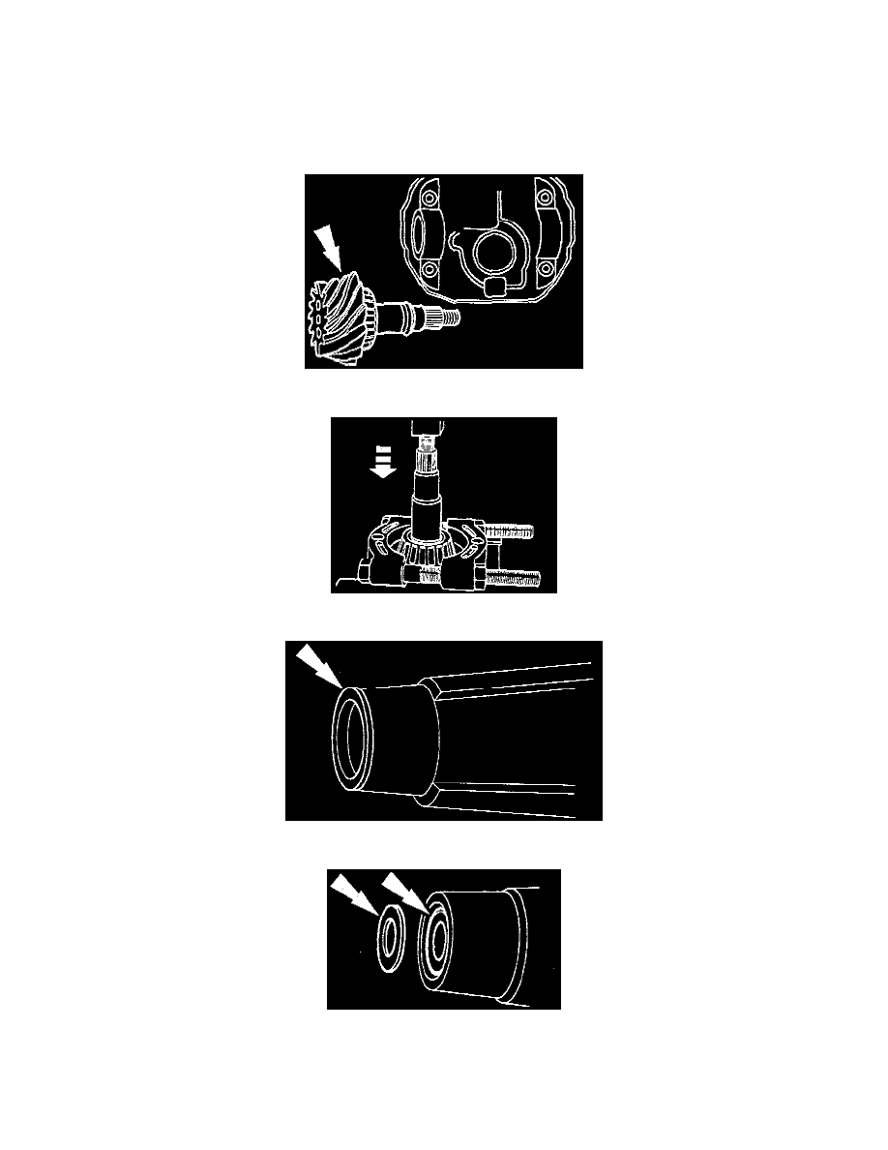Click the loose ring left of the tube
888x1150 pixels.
[393, 937]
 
